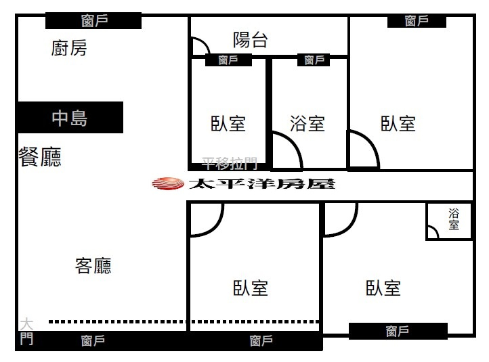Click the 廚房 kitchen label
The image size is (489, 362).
[69, 48]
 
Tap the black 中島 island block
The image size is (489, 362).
[70, 118]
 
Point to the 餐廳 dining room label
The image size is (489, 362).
[40, 158]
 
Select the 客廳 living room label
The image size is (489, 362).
[93, 266]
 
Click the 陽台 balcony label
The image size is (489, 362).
[250, 40]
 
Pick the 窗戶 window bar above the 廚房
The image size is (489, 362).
[93, 21]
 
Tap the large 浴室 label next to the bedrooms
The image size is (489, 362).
[307, 124]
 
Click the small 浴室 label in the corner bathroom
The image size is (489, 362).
[454, 219]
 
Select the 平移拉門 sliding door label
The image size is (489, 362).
[230, 163]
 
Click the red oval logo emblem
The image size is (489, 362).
[167, 183]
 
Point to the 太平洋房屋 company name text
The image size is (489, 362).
[261, 183]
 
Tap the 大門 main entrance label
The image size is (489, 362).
[26, 331]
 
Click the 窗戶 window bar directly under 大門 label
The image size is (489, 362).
[93, 341]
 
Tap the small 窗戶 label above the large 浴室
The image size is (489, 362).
[314, 60]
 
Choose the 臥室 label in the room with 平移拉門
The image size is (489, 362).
[228, 124]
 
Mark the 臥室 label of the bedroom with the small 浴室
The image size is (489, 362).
[383, 288]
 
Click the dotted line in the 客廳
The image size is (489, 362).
[183, 321]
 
